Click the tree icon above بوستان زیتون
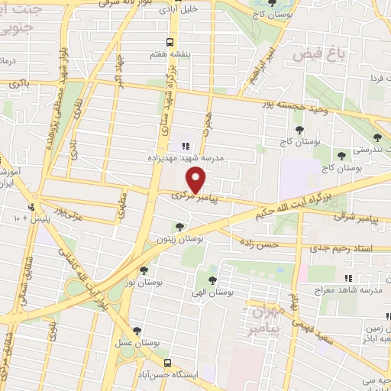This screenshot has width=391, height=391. (x=179, y=226)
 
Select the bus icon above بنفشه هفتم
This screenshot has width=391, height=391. (x=170, y=42)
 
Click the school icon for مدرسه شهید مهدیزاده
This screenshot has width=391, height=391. (x=183, y=145)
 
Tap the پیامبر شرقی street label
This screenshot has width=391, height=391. (x=360, y=217)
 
